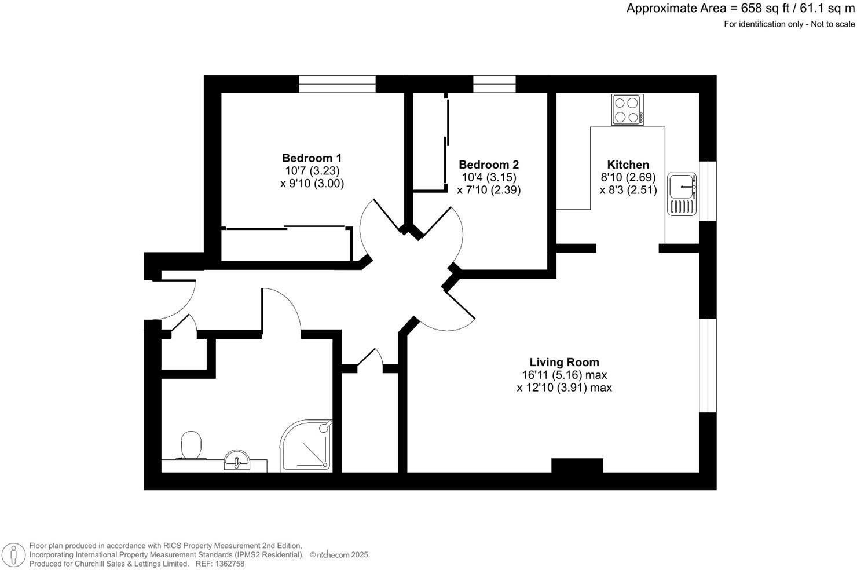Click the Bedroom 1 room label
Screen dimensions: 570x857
(312, 158)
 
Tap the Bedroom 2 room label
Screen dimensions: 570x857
(488, 165)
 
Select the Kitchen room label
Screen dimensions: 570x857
(628, 165)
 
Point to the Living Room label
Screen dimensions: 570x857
(564, 363)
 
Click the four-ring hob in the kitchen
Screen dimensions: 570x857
(627, 109)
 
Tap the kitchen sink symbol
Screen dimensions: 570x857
(682, 193)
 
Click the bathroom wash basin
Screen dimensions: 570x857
(237, 461)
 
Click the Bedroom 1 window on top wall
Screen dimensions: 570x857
(337, 84)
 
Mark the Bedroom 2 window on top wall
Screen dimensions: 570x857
(494, 84)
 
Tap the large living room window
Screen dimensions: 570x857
(708, 365)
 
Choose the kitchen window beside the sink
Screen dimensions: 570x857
(708, 191)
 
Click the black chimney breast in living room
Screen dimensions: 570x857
(577, 466)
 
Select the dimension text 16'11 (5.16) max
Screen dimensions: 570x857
(564, 375)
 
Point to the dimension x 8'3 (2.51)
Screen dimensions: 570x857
(628, 190)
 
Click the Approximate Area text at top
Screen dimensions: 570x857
(740, 9)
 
